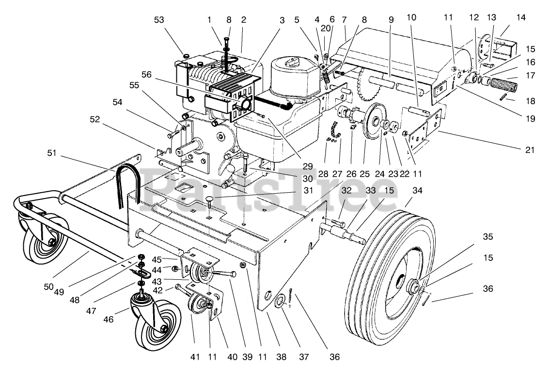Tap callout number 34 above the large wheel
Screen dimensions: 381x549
pos(417,191)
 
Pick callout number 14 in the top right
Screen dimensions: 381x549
pos(520,17)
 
